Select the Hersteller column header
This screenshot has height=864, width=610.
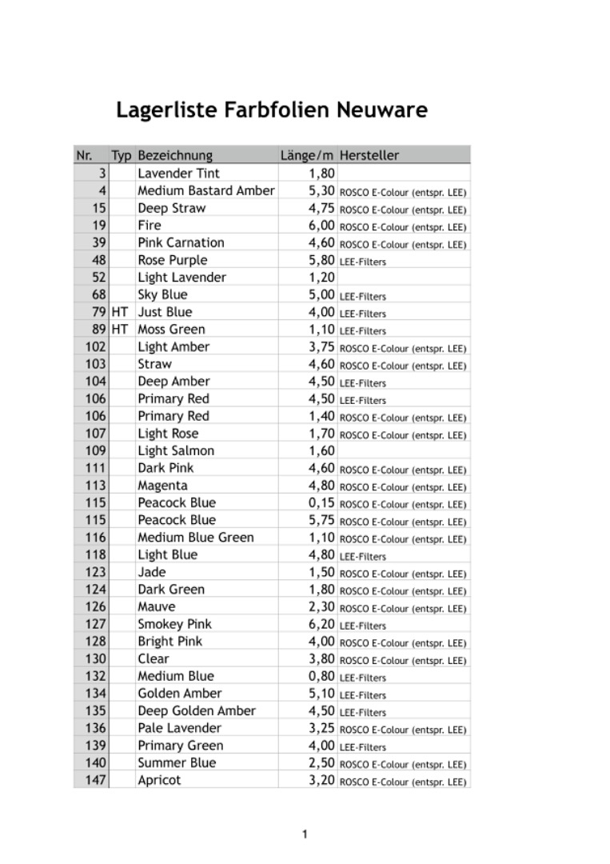[x=369, y=155]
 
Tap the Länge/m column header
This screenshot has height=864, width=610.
[x=307, y=155]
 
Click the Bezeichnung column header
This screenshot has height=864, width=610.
[x=175, y=155]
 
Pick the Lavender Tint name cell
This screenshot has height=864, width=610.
[x=178, y=173]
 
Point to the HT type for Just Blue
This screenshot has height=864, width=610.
[x=120, y=312]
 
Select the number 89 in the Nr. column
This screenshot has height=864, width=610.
[x=98, y=329]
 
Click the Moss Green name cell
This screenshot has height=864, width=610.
[x=171, y=329]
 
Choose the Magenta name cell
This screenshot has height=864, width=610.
[x=162, y=485]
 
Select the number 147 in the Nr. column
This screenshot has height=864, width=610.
[x=95, y=780]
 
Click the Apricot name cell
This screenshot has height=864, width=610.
[x=159, y=780]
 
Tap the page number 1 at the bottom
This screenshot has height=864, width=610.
[x=305, y=834]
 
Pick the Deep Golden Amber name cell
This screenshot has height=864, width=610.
[x=197, y=710]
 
